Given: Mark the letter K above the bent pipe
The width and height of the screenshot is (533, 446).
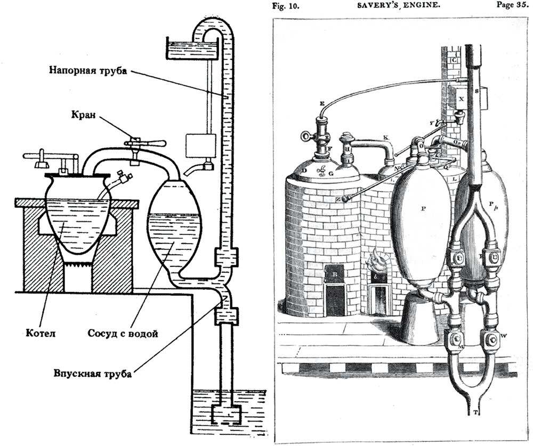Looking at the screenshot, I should click(x=385, y=137).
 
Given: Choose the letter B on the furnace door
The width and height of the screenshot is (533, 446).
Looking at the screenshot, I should click(x=335, y=273).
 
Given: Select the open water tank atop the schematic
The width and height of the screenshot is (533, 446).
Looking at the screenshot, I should click(x=191, y=48).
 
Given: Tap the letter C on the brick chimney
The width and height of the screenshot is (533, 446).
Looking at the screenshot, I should click(x=455, y=60).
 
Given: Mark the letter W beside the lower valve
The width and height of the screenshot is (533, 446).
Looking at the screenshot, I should click(x=504, y=336).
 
